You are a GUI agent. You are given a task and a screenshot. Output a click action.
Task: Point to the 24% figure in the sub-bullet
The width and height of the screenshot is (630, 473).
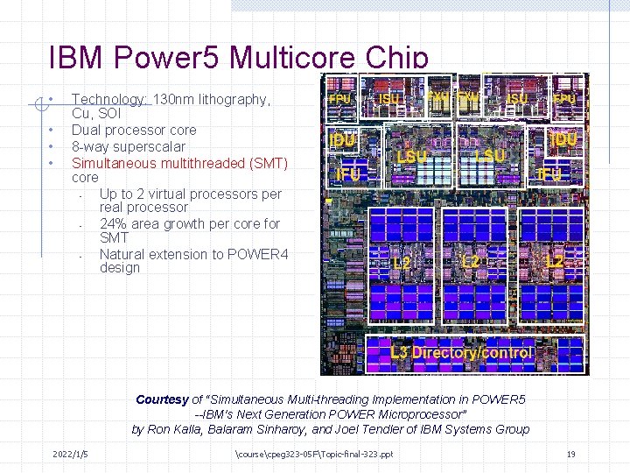[113, 223]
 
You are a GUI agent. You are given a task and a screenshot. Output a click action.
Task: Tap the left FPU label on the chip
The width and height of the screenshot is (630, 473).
[339, 99]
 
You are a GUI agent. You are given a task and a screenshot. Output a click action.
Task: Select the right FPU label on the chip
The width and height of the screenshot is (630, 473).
[564, 99]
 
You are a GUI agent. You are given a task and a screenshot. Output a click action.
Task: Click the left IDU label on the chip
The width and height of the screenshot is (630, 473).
[341, 138]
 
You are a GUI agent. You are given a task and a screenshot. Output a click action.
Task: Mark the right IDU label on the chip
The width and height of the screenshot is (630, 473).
[563, 138]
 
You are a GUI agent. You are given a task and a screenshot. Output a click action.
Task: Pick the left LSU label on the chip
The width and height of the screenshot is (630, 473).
[412, 155]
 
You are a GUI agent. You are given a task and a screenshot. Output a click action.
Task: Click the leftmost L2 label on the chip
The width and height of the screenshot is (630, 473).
[402, 261]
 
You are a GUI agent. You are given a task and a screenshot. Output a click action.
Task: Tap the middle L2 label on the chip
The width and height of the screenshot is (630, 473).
[471, 261]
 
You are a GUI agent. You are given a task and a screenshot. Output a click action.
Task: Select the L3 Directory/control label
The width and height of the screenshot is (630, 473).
[461, 352]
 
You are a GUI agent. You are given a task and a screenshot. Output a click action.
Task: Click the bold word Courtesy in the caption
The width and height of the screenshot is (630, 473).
[162, 399]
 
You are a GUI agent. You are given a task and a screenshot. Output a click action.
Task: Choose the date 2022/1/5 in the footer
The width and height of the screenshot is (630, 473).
[70, 454]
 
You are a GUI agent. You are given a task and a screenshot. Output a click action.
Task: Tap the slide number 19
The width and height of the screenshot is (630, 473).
[570, 454]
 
